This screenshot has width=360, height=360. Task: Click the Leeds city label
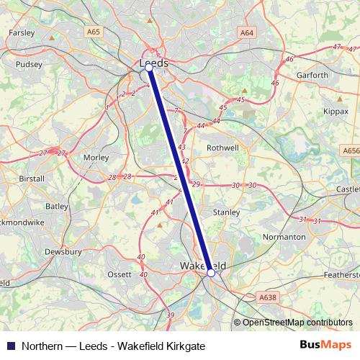[154, 63]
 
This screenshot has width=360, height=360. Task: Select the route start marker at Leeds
[148, 67]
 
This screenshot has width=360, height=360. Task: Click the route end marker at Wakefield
[210, 273]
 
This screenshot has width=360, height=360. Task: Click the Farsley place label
[22, 32]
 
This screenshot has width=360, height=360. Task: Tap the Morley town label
[96, 157]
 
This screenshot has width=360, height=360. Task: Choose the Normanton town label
[284, 236]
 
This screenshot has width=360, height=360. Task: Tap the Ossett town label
[120, 274]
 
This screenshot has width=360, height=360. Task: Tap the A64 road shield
[247, 32]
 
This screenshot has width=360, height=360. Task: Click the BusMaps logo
[323, 346]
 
